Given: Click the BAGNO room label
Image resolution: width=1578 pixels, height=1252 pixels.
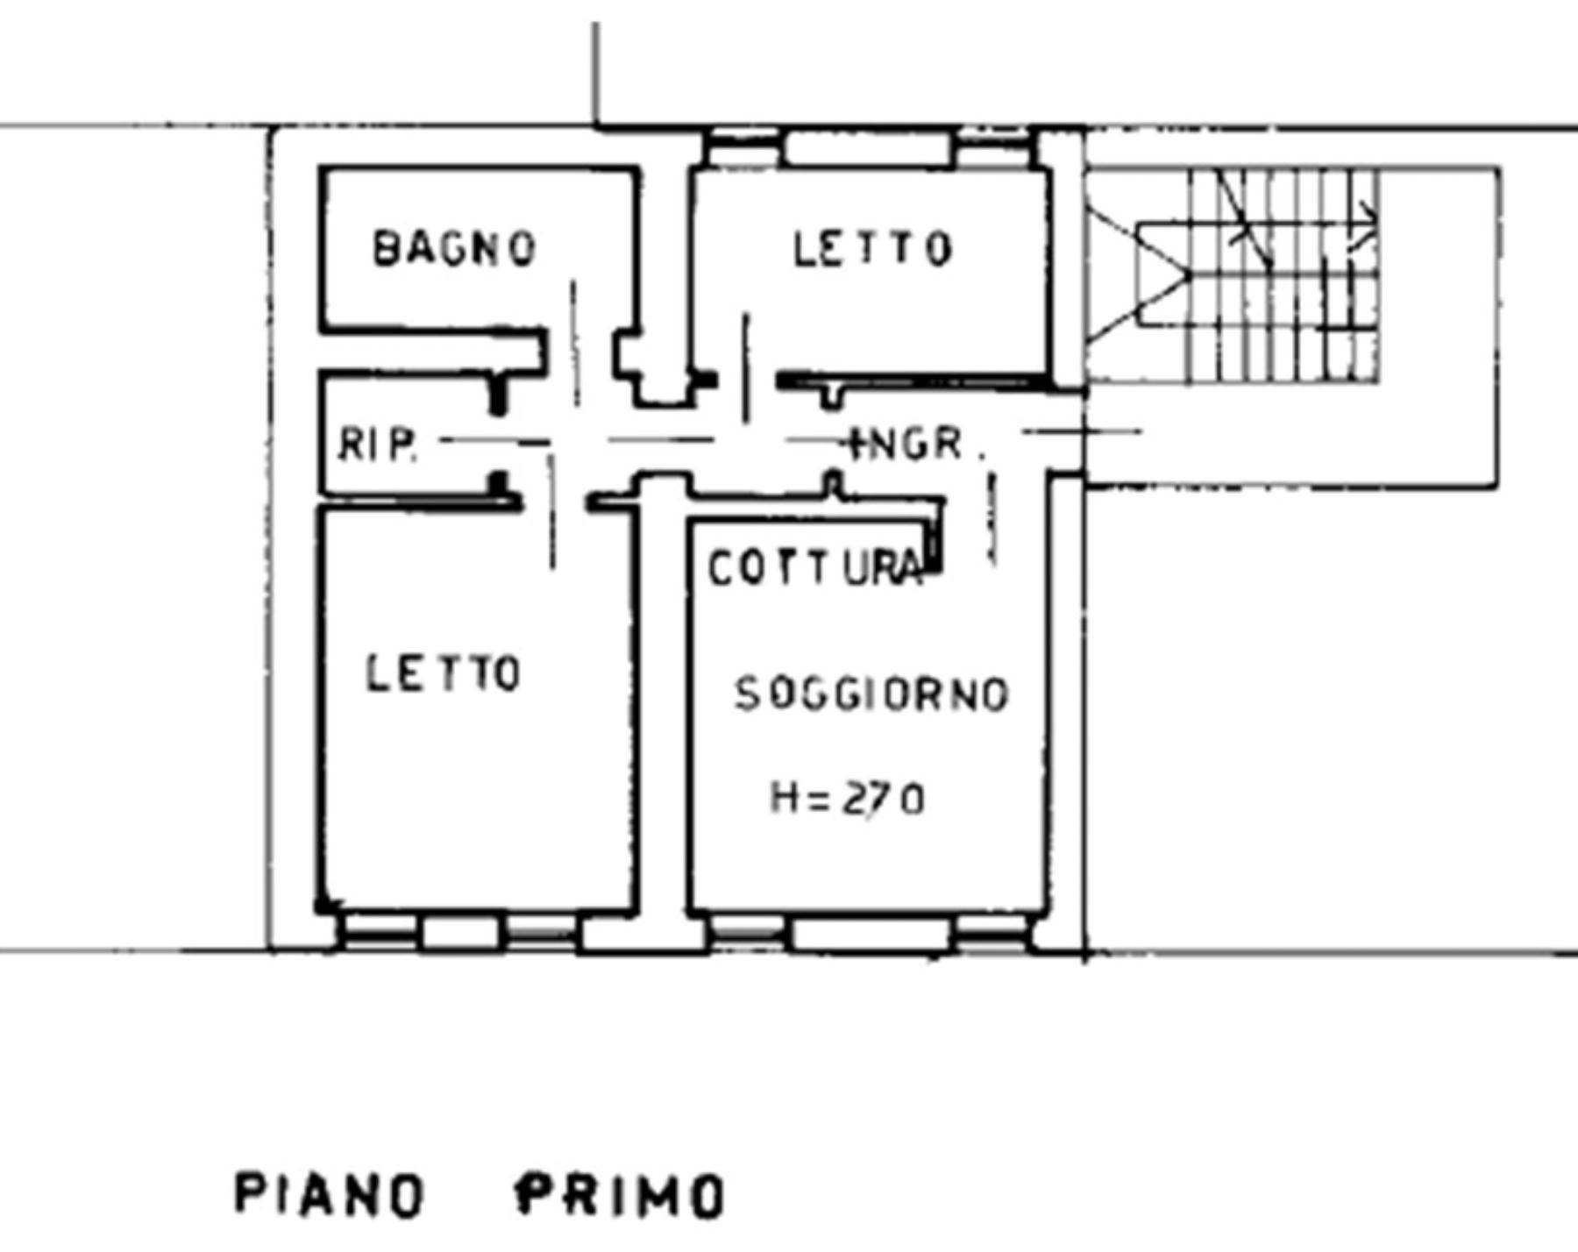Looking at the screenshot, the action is [x=454, y=247].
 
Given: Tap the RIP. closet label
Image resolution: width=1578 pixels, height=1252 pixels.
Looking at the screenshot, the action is [x=377, y=444].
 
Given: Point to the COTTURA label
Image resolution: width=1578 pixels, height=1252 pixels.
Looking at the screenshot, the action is [x=815, y=568].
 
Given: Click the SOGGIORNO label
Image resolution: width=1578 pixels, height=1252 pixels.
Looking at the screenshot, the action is [x=871, y=694].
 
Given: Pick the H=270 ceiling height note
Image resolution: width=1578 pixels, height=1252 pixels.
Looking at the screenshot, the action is [x=847, y=799].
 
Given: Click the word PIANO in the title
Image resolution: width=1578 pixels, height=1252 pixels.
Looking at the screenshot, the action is [x=330, y=1194].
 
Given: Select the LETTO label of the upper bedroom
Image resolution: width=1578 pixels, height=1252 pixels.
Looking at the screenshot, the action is [x=872, y=248].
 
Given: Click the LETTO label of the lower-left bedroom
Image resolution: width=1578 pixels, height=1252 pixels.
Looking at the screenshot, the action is [x=444, y=673].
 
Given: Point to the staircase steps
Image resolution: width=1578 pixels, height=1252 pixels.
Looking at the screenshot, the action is [x=1283, y=275].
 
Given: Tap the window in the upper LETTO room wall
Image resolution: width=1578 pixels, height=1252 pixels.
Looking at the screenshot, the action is [x=868, y=147].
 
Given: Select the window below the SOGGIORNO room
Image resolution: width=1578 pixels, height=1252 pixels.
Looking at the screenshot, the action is [x=868, y=934].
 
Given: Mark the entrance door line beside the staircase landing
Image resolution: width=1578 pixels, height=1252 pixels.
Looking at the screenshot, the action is [x=1083, y=431].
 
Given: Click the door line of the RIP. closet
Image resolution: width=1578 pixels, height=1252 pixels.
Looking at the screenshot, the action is [x=496, y=441].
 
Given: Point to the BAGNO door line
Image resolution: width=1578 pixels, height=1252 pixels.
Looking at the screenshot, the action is [x=575, y=343].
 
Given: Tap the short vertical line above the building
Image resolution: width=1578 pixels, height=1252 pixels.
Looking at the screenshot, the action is [x=596, y=75].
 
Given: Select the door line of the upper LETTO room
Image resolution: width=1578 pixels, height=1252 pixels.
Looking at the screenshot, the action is [x=746, y=368].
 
